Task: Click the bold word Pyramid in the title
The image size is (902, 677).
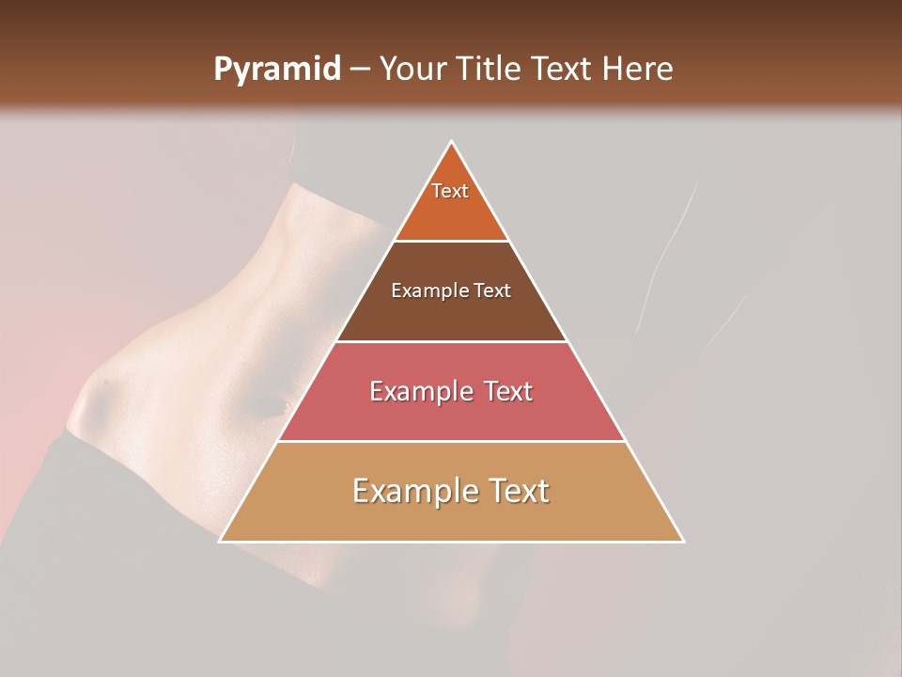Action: pos(277,70)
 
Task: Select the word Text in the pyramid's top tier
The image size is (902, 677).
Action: pos(450,191)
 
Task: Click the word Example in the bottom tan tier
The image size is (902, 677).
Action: pos(413,491)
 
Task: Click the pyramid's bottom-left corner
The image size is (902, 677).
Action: pos(221,541)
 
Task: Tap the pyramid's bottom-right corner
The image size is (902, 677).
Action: pos(683,541)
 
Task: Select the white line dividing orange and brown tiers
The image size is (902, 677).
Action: pos(451,242)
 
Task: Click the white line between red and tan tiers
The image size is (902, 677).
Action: pos(451,441)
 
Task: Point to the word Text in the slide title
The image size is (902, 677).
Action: pos(564,70)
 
